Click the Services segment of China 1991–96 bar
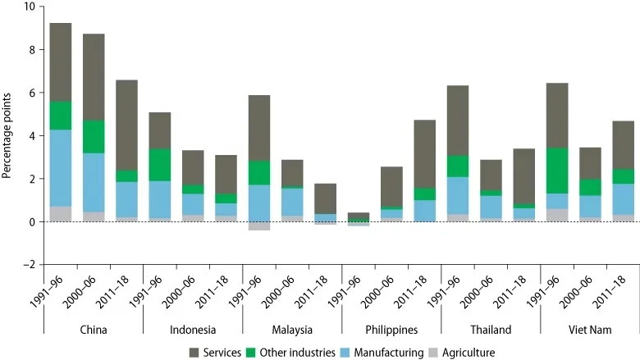pyautogui.click(x=61, y=62)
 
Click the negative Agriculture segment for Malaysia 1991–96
pyautogui.click(x=258, y=226)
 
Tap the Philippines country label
pyautogui.click(x=391, y=330)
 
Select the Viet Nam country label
pyautogui.click(x=589, y=330)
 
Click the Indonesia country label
pyautogui.click(x=192, y=330)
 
